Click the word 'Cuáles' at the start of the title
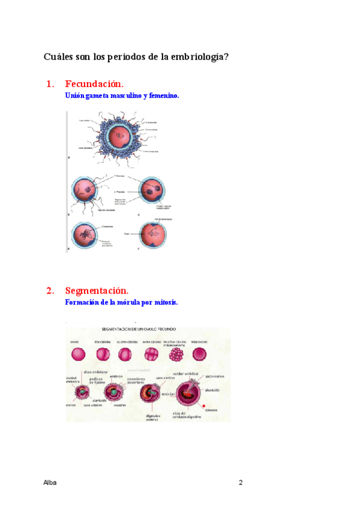[58, 57]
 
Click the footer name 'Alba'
[50, 483]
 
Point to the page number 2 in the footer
[241, 483]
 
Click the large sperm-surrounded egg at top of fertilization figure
[121, 137]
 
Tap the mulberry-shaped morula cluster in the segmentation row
[177, 354]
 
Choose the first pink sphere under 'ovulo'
[77, 354]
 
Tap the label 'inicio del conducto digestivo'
[186, 414]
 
